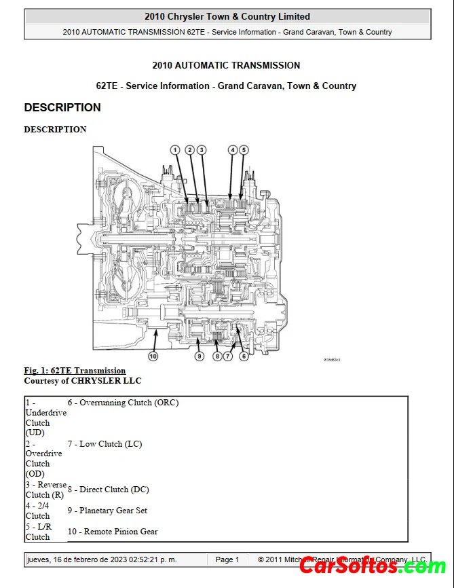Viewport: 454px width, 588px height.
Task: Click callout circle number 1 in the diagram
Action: point(175,150)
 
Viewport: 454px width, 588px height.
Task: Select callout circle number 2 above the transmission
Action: point(190,150)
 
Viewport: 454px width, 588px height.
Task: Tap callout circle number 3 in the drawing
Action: point(202,150)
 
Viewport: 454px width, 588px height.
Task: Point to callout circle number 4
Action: point(233,150)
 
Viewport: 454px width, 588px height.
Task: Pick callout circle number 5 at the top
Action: point(244,150)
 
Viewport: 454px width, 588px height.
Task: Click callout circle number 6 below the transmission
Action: point(244,356)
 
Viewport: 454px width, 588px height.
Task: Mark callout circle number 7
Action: point(228,356)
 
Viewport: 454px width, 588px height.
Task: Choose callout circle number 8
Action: point(216,356)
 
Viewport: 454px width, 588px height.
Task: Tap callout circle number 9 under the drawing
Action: point(200,356)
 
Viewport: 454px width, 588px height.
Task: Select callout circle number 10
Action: point(153,356)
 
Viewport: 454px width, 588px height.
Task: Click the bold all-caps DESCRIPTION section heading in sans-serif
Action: point(62,107)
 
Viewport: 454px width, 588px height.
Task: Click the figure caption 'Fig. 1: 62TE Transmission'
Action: point(75,370)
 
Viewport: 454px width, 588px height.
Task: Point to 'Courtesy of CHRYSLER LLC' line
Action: point(83,381)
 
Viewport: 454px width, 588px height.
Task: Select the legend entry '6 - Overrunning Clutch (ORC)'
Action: point(123,403)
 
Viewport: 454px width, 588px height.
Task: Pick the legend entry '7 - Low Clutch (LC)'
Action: point(105,444)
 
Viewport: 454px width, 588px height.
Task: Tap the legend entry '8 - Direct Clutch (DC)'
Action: point(108,490)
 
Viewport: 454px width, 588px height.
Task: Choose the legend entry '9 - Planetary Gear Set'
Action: point(107,511)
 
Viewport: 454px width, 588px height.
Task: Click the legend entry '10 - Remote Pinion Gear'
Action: point(113,532)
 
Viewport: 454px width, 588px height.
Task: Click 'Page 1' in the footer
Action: point(227,559)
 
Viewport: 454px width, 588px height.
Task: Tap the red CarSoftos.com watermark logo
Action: point(373,565)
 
